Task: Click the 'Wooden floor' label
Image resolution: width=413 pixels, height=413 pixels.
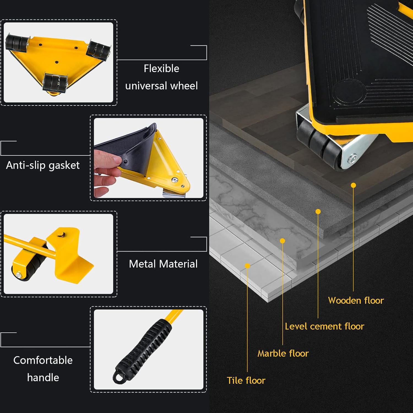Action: point(356,300)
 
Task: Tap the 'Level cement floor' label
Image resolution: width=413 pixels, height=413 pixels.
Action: point(324,326)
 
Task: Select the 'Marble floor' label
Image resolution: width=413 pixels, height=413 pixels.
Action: point(283,353)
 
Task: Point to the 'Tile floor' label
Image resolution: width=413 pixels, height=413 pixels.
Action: point(246,380)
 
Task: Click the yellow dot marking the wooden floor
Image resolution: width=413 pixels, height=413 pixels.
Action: point(354,185)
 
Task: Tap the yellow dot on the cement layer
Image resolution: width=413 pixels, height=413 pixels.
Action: point(318,211)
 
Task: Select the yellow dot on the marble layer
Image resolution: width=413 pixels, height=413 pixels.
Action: point(282,241)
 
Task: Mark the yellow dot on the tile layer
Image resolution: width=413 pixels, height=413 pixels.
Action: point(247,266)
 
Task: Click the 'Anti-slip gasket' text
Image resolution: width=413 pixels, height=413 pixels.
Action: point(43,165)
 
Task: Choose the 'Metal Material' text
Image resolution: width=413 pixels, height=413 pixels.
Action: point(163,264)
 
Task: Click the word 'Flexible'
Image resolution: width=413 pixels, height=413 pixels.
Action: point(161,68)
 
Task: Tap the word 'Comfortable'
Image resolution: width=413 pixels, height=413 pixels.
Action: point(43,360)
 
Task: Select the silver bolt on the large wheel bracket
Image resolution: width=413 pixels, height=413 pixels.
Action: point(353,159)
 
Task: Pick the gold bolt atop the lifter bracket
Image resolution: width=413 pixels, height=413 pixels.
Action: point(60,235)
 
